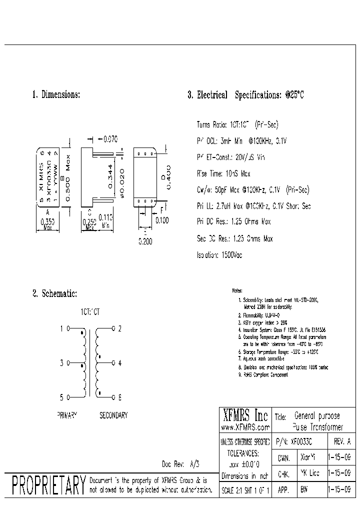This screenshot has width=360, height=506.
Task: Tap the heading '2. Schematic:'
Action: pyautogui.click(x=54, y=295)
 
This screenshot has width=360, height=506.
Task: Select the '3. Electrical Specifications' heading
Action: pyautogui.click(x=245, y=95)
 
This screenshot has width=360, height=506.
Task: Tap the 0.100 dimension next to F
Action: pyautogui.click(x=162, y=219)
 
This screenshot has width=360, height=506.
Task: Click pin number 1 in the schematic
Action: pyautogui.click(x=62, y=329)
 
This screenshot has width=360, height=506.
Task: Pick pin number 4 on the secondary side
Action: pyautogui.click(x=119, y=363)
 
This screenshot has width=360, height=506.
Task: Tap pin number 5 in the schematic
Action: pyautogui.click(x=62, y=397)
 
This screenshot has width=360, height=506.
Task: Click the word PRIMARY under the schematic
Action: pyautogui.click(x=68, y=415)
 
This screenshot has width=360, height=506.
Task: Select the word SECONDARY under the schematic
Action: pyautogui.click(x=113, y=415)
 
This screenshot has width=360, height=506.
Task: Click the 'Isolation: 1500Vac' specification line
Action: pyautogui.click(x=219, y=254)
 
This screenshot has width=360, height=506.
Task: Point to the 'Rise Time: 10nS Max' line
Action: pyautogui.click(x=223, y=173)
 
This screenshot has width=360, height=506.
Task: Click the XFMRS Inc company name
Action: pyautogui.click(x=244, y=416)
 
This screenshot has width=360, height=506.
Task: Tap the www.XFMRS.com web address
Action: pyautogui.click(x=245, y=427)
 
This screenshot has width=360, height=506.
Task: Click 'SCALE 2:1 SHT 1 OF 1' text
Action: pyautogui.click(x=245, y=490)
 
